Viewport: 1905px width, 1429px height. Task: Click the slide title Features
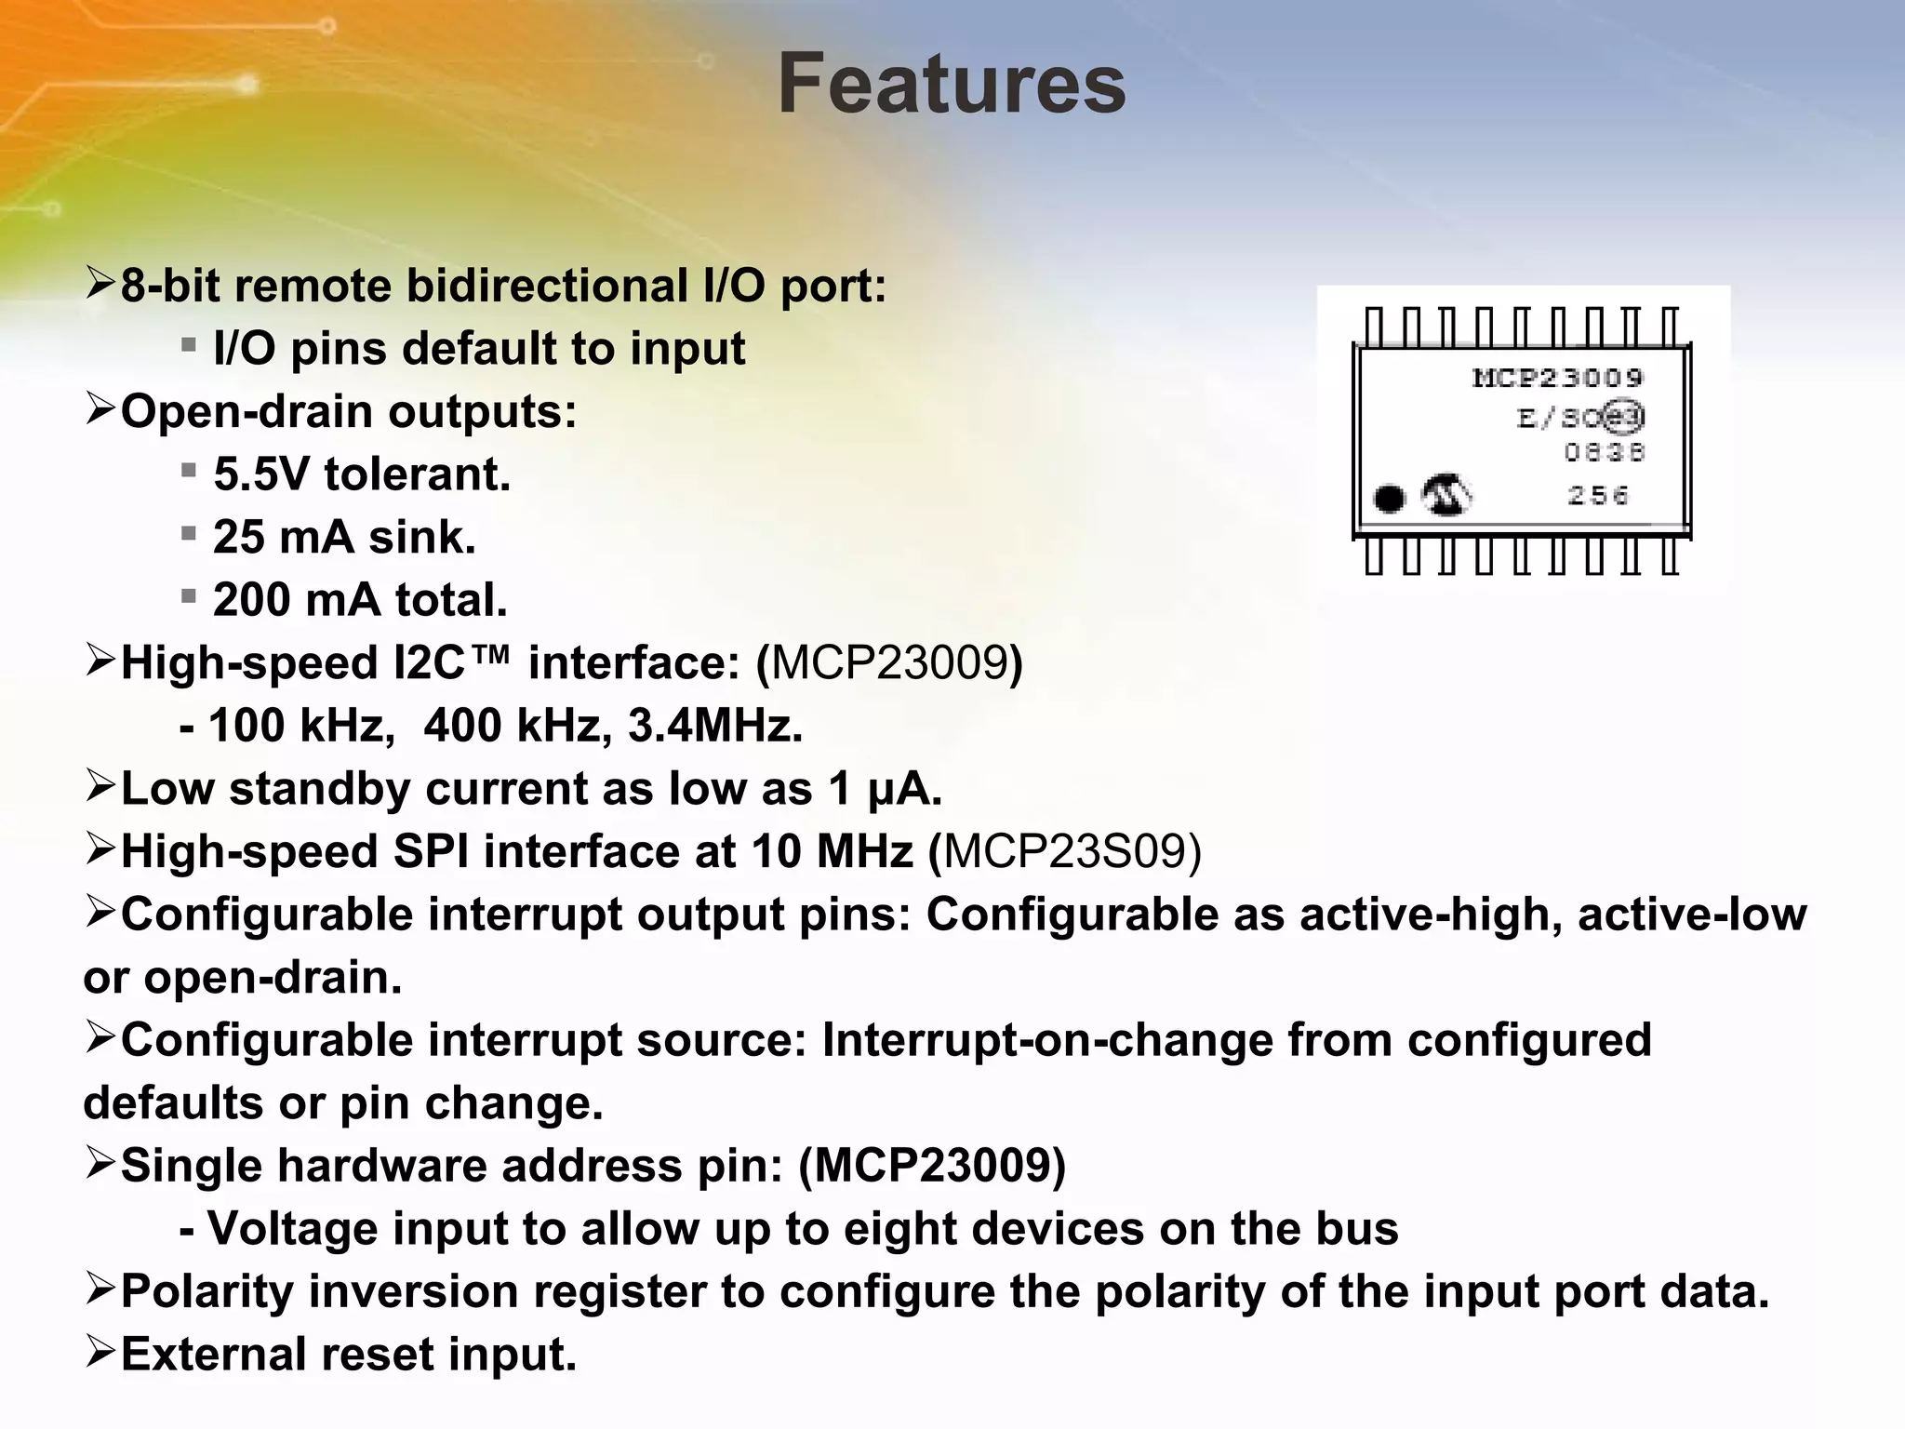pos(952,86)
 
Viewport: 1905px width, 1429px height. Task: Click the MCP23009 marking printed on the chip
pos(1558,378)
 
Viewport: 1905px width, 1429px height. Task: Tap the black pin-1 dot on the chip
pos(1389,500)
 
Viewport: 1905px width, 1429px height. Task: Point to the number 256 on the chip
pos(1598,496)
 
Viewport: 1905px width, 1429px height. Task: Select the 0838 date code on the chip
pos(1604,453)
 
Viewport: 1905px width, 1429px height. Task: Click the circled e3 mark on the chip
pos(1625,417)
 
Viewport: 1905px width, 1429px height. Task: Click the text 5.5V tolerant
pos(362,474)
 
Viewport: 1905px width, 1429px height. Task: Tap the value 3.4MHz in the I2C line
pos(714,726)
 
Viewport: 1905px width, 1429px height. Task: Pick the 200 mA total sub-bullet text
pos(360,600)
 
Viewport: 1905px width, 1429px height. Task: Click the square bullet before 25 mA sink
pos(189,534)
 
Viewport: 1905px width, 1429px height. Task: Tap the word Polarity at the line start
pos(206,1291)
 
